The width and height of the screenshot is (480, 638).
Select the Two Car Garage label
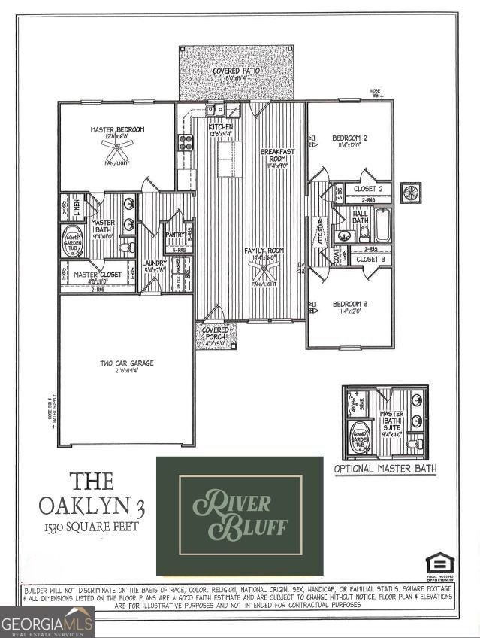[128, 363]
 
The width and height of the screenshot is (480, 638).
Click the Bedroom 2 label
[349, 138]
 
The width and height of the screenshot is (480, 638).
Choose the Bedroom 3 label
[349, 305]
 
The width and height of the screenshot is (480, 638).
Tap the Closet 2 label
[370, 188]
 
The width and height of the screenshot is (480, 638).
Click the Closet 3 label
[370, 259]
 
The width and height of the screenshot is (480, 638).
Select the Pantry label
[175, 235]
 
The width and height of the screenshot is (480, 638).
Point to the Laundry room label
[154, 263]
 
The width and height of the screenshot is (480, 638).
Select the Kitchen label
[220, 127]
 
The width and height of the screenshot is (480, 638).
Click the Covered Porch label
[216, 333]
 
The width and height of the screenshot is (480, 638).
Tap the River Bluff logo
[240, 515]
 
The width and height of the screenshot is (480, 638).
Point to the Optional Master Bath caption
[385, 469]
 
